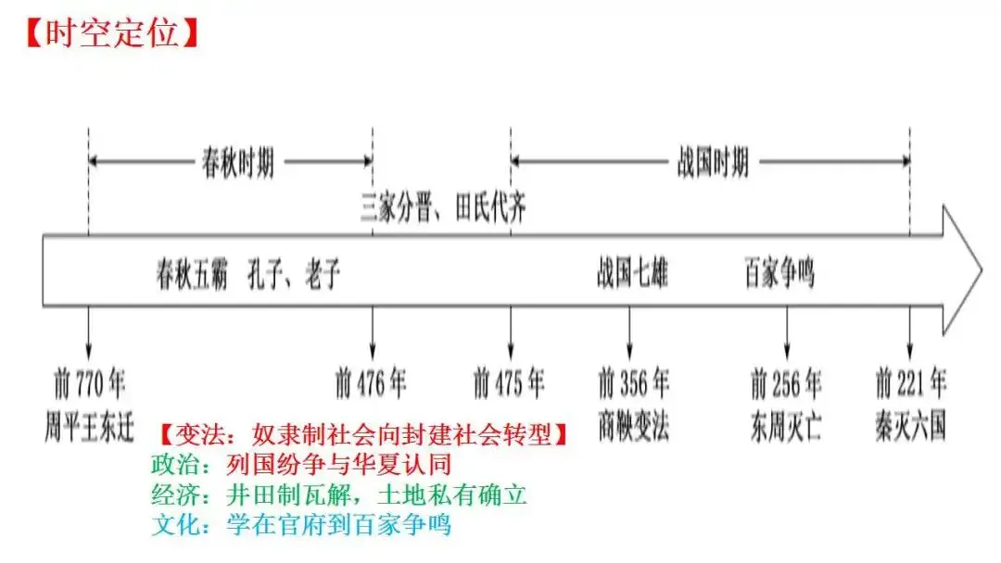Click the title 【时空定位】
tap(113, 32)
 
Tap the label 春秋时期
tap(238, 163)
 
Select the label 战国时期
tap(713, 163)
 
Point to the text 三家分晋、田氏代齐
tap(443, 207)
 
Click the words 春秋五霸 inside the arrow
tap(192, 273)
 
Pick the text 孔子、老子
tap(294, 273)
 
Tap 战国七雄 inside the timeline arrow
tap(632, 273)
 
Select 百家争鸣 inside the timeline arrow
tap(779, 273)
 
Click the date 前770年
tap(89, 383)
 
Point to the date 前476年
tap(371, 383)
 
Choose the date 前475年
tap(509, 383)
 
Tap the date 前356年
tap(633, 383)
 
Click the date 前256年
tap(786, 383)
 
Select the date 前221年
tap(910, 383)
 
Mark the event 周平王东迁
tap(89, 427)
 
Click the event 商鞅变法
tap(633, 426)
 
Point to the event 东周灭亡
tap(786, 426)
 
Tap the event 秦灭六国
tap(910, 426)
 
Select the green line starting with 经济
tap(339, 494)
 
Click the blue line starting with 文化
tap(301, 525)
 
